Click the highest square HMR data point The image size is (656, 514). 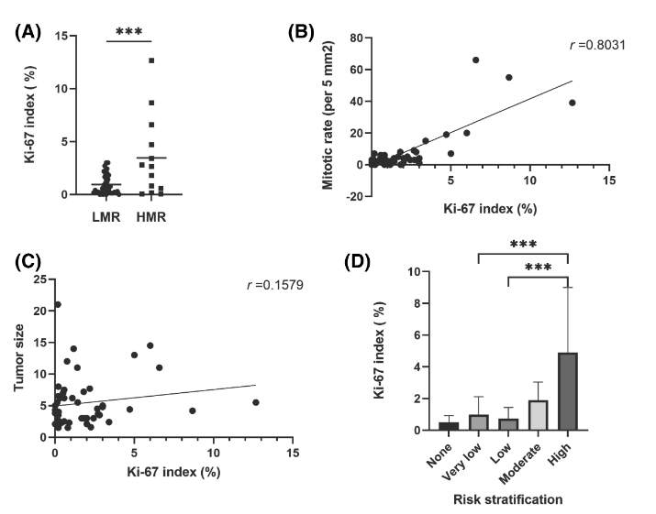151,60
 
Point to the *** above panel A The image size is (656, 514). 128,31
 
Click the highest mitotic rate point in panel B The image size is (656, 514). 475,60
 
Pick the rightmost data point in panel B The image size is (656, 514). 573,103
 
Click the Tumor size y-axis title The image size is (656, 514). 20,357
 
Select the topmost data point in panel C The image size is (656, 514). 58,304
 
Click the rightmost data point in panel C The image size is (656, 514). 255,402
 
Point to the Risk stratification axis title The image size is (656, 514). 508,500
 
